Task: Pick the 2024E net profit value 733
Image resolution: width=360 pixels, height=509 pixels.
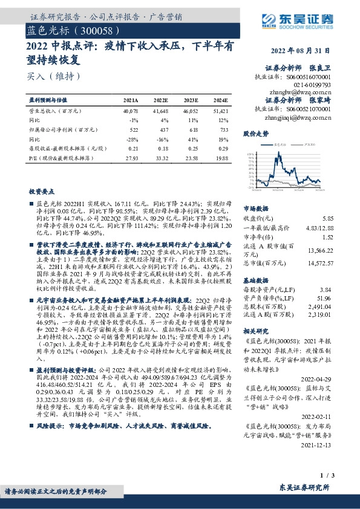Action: (x=223, y=129)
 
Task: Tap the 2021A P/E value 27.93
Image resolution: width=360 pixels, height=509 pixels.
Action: (x=131, y=157)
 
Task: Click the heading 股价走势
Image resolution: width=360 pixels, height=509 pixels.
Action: (x=255, y=133)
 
